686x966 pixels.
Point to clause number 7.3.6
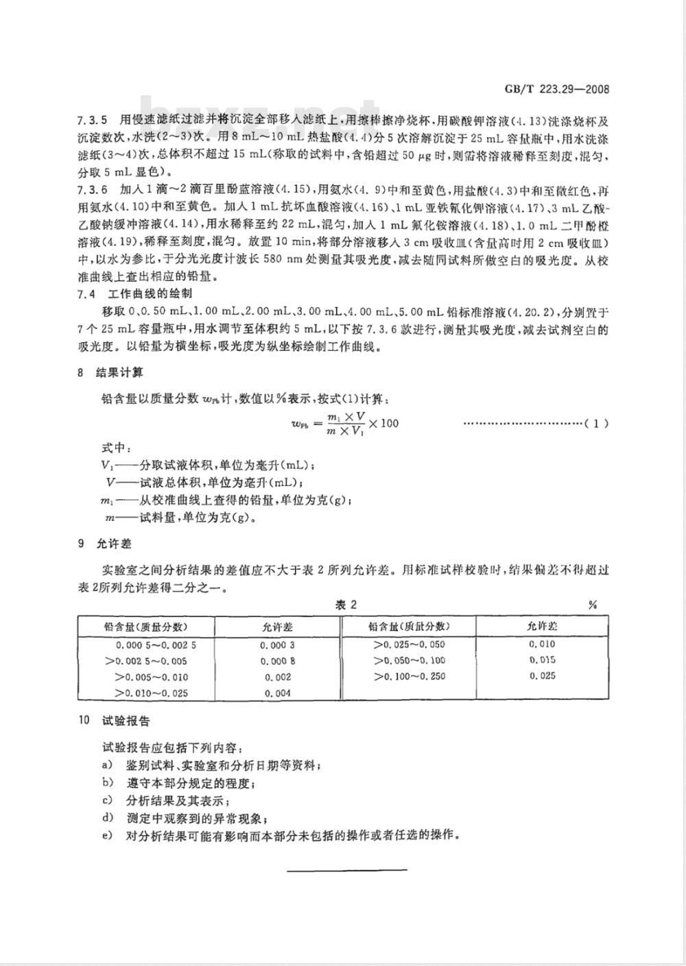pos(91,190)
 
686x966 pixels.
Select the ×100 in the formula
pos(383,423)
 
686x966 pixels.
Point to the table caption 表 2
pos(346,604)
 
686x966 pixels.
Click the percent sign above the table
pos(592,605)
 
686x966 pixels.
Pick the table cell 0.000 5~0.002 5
pos(156,645)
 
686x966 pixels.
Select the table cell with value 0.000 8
pos(278,662)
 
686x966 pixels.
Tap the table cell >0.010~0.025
pos(151,693)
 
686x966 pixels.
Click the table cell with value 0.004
pos(278,693)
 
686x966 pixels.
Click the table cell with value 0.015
pos(542,660)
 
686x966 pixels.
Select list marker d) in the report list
pos(107,817)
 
